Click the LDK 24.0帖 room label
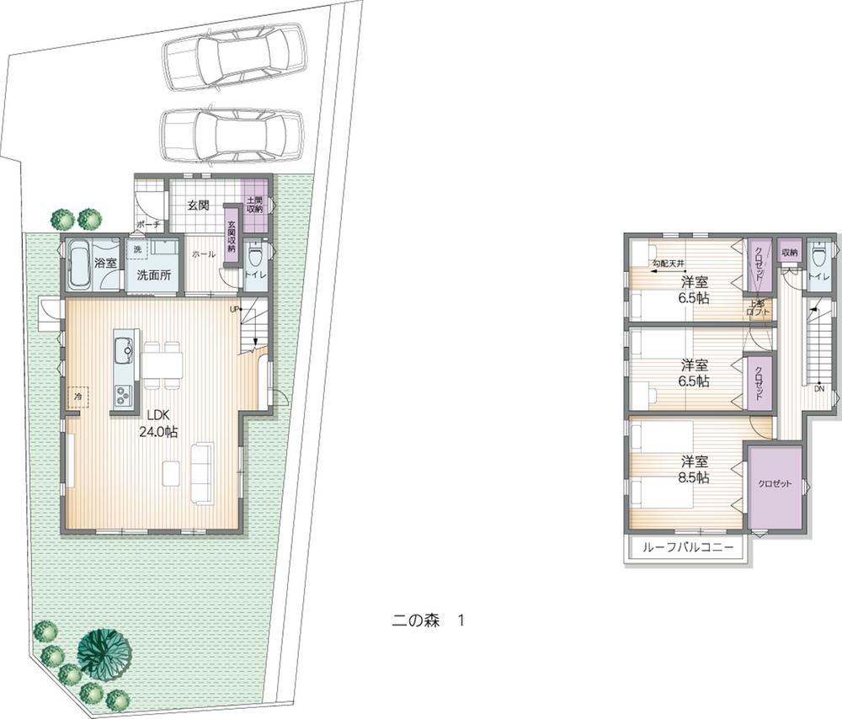[x=157, y=423]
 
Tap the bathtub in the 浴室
[x=83, y=266]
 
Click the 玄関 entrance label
[x=198, y=205]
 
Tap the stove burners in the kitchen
[x=123, y=394]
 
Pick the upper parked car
[x=235, y=58]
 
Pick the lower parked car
[x=231, y=132]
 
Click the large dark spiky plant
[x=104, y=654]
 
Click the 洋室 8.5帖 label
[x=694, y=469]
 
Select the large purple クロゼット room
[x=774, y=483]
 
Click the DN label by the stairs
[x=819, y=388]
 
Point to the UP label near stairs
[x=237, y=310]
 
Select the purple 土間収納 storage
[x=255, y=202]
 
